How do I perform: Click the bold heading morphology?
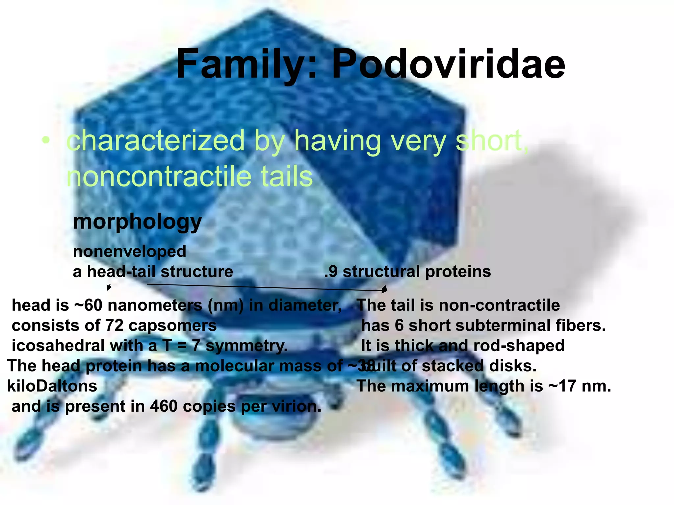click(137, 222)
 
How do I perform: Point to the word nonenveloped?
click(129, 252)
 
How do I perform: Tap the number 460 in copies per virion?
click(164, 406)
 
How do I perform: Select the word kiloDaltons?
click(52, 386)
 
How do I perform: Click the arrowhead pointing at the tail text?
click(384, 290)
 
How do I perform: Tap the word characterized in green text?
click(156, 141)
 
